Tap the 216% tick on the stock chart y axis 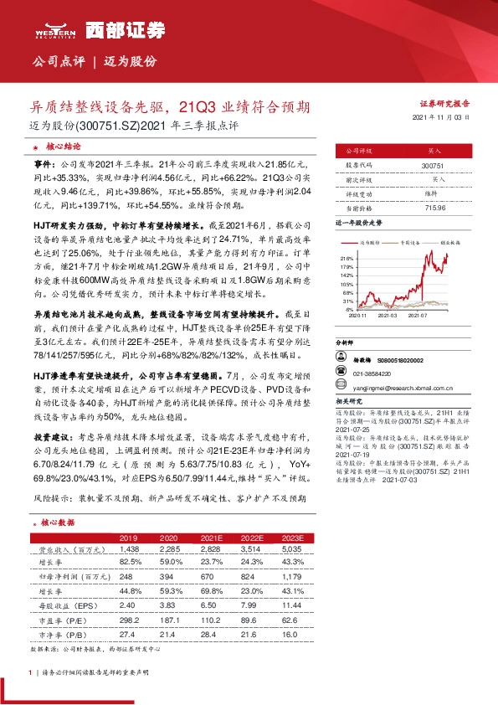pyautogui.click(x=347, y=260)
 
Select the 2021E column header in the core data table pyautogui.click(x=206, y=537)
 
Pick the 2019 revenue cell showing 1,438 pyautogui.click(x=129, y=548)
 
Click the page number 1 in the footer pyautogui.click(x=31, y=673)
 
